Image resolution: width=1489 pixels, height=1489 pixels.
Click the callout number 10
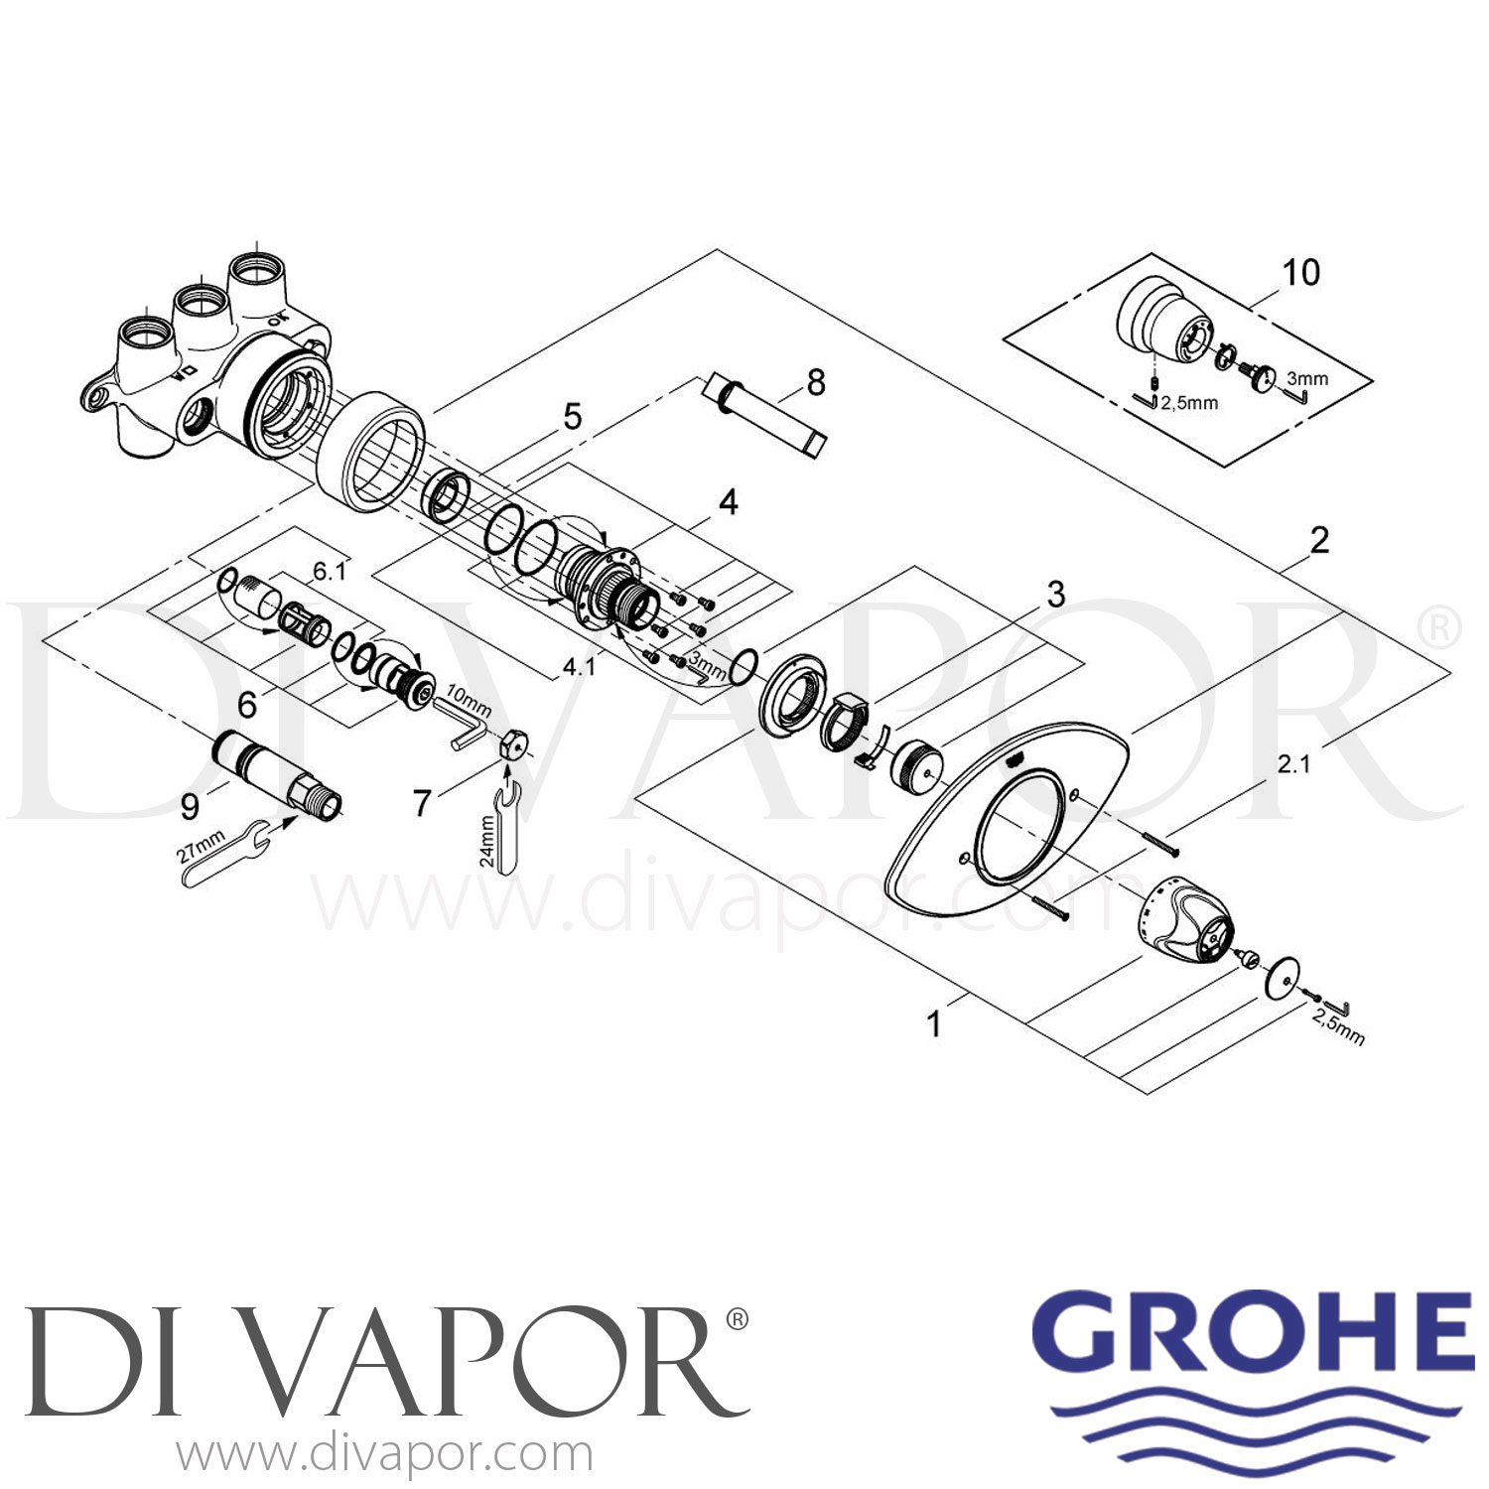click(1300, 272)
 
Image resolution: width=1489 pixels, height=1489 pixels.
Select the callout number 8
click(816, 381)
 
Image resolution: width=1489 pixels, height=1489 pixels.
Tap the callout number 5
click(573, 417)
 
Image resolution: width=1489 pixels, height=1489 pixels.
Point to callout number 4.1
click(579, 666)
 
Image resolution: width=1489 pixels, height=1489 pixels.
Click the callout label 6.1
click(330, 571)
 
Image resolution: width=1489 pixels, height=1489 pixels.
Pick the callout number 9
click(190, 806)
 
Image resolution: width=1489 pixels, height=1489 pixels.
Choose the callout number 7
click(423, 802)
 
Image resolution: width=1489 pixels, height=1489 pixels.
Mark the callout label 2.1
click(1293, 763)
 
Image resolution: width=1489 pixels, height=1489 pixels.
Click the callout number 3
click(1055, 594)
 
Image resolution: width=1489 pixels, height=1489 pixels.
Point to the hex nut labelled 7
click(513, 743)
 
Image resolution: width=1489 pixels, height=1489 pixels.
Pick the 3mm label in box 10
click(1306, 378)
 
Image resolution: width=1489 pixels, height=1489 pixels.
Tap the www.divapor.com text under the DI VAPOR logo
click(385, 1454)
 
